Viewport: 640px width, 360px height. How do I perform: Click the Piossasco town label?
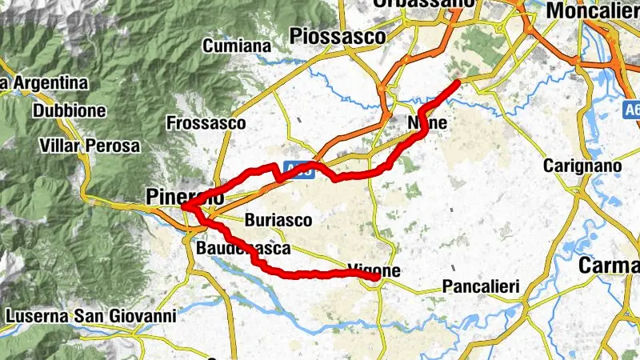(x=339, y=36)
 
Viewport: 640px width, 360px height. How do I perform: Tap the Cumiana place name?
(x=237, y=46)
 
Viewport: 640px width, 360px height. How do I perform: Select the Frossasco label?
(x=206, y=123)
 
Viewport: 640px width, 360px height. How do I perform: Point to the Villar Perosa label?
(x=89, y=146)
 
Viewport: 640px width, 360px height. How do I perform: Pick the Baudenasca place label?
(x=243, y=249)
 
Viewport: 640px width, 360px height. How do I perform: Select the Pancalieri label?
(x=481, y=286)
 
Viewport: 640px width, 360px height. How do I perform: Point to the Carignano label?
(x=582, y=166)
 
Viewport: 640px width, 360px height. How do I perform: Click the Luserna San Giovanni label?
(x=90, y=316)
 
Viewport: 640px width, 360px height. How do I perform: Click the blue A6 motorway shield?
(x=632, y=106)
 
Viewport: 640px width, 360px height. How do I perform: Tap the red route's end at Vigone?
(x=376, y=278)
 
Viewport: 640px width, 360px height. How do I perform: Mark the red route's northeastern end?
(x=457, y=82)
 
